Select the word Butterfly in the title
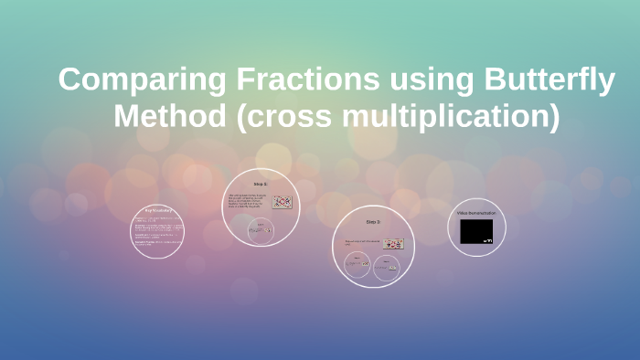(x=548, y=81)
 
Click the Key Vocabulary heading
(x=157, y=209)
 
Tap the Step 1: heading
(x=261, y=184)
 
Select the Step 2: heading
(x=373, y=222)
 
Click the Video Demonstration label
(x=476, y=213)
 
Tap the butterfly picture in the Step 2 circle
(x=393, y=244)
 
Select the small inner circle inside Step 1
(x=261, y=231)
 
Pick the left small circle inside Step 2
(x=357, y=266)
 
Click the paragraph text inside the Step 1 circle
(x=247, y=202)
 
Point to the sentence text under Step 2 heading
(x=362, y=242)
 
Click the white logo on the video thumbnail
(x=487, y=241)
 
